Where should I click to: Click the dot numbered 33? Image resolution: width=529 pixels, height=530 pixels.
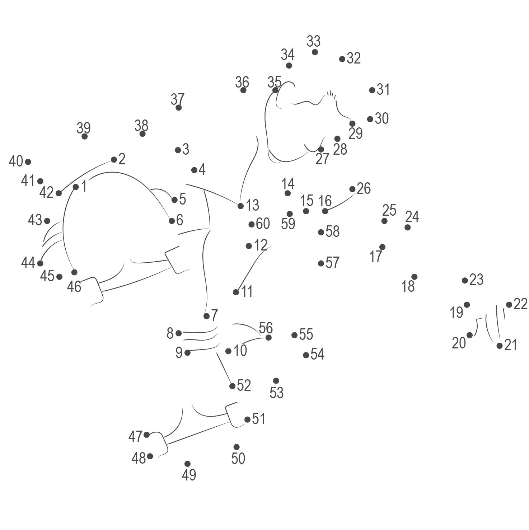315,52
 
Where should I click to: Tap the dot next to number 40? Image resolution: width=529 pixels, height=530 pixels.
28,162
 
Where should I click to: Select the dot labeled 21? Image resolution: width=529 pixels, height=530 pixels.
500,346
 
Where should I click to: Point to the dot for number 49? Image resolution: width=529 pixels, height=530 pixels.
187,464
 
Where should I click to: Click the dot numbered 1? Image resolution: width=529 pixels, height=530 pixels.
76,187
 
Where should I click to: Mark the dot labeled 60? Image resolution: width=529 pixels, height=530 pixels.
252,224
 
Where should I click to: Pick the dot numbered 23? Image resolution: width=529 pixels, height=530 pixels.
465,280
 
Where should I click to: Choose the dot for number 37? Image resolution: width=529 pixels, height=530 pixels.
178,108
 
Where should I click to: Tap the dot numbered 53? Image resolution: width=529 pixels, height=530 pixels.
276,381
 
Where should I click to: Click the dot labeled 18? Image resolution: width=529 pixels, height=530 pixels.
414,277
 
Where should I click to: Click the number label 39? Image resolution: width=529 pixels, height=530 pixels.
84,128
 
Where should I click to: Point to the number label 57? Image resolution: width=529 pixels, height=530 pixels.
332,263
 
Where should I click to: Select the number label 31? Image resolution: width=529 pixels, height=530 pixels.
383,89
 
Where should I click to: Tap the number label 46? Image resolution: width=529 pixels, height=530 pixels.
74,287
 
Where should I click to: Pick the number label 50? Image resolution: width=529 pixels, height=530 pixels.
238,458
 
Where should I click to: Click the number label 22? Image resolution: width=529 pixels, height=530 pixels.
520,304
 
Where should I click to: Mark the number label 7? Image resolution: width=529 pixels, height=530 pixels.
214,315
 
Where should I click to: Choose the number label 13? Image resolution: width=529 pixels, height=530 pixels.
252,205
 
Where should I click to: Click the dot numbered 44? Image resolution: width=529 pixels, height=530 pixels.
40,263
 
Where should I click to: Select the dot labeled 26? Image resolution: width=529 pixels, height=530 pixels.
352,189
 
